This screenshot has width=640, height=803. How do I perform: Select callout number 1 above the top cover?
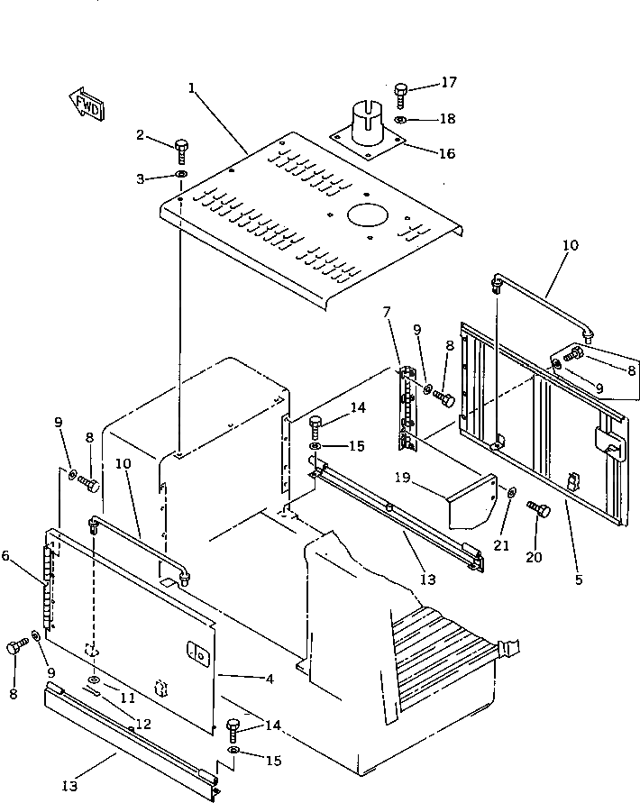coord(192,87)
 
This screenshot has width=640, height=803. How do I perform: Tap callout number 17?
coord(448,82)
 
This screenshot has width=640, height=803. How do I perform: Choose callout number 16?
coord(446,153)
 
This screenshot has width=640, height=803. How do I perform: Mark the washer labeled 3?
coord(181,176)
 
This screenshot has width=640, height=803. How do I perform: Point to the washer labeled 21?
coord(510,493)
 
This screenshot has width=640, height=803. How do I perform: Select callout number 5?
coord(579,579)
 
